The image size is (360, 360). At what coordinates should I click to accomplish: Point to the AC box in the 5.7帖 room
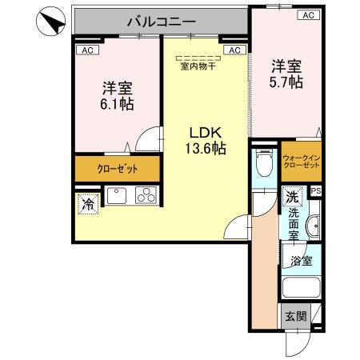307,15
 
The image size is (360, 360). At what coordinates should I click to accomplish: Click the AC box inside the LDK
234,50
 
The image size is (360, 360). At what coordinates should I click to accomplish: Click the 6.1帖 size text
116,104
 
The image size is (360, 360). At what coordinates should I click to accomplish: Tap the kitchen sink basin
118,196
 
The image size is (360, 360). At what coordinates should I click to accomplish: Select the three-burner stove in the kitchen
145,196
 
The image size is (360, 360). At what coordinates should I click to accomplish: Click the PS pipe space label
315,190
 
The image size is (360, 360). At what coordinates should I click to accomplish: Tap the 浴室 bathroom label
301,261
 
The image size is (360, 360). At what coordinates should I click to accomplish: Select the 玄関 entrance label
294,316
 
